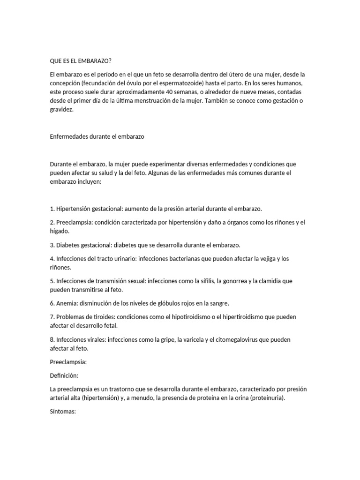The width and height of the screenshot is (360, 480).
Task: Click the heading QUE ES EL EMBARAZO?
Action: (x=81, y=61)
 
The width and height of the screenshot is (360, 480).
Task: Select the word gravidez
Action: (x=61, y=109)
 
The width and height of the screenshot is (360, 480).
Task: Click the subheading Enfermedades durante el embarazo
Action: (x=97, y=136)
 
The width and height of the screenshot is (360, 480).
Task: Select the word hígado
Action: (x=59, y=231)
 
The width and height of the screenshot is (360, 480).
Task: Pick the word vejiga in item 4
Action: (x=269, y=259)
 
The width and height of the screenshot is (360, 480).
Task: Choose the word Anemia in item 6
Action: (x=68, y=303)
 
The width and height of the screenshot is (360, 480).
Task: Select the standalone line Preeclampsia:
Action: (x=68, y=362)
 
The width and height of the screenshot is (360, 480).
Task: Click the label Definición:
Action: (x=64, y=375)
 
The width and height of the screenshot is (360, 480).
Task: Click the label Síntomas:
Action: (x=63, y=412)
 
